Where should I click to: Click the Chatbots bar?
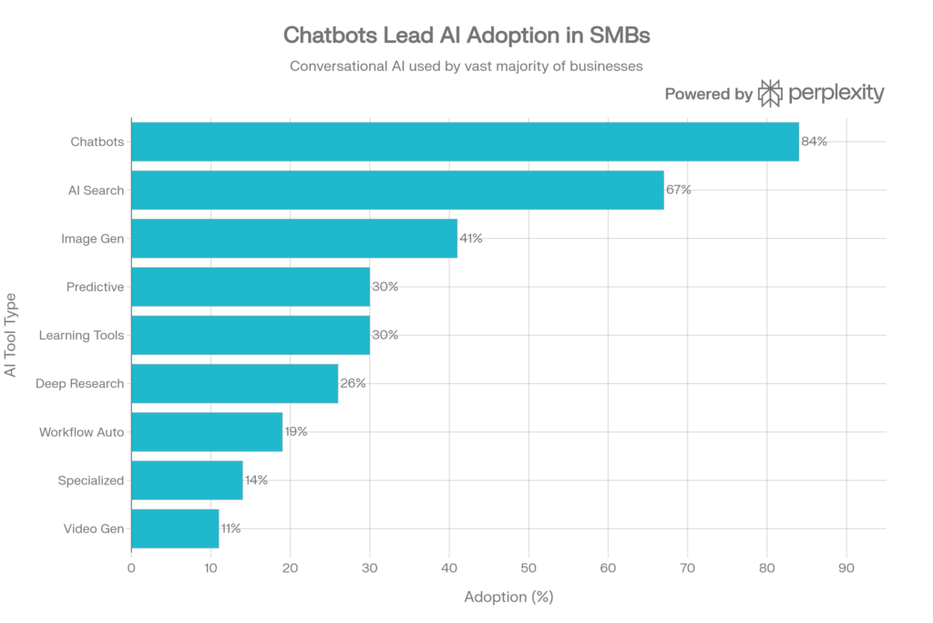pos(465,141)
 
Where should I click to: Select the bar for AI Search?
pos(397,190)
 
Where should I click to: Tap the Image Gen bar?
pos(294,238)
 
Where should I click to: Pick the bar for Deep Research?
pos(235,383)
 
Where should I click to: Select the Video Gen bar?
pos(175,528)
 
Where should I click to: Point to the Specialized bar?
pos(187,480)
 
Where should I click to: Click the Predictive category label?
pos(96,287)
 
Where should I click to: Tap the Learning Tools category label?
pos(82,336)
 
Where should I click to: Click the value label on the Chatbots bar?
pos(814,141)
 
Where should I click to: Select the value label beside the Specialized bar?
pos(256,480)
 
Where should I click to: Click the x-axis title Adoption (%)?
pos(508,597)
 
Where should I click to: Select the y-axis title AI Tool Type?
pos(10,335)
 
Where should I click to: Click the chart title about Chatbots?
pos(466,36)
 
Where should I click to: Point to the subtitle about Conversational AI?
pos(466,66)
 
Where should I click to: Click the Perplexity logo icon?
pos(770,93)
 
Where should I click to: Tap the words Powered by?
pos(708,94)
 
